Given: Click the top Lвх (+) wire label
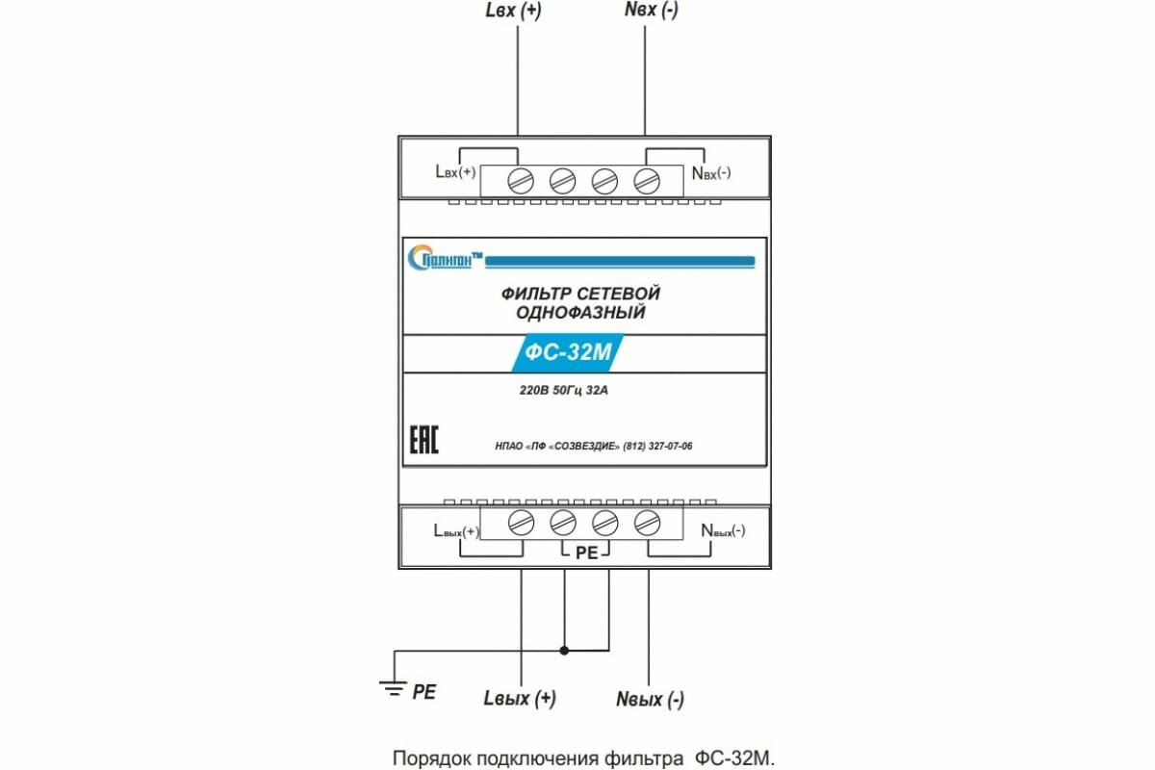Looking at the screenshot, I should coord(519,13).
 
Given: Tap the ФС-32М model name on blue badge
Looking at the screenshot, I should coord(568,352).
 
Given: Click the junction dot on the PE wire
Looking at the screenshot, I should coord(564,650).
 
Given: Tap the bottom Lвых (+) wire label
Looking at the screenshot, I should coord(520,698).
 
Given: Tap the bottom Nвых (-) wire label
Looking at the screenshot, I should coord(650,699).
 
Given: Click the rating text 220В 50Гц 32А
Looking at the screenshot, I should coord(564,392).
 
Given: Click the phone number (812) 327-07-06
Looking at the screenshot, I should coord(658,446).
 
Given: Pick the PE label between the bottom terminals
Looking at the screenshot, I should coord(586,553).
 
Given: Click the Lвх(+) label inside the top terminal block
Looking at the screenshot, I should coord(455,173).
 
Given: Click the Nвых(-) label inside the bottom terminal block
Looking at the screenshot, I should coord(723,530).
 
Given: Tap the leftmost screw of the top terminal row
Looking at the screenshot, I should coord(520,179).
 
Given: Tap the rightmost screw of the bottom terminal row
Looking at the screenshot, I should coord(646,523).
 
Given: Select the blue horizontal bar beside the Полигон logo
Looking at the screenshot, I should coord(621,261).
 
